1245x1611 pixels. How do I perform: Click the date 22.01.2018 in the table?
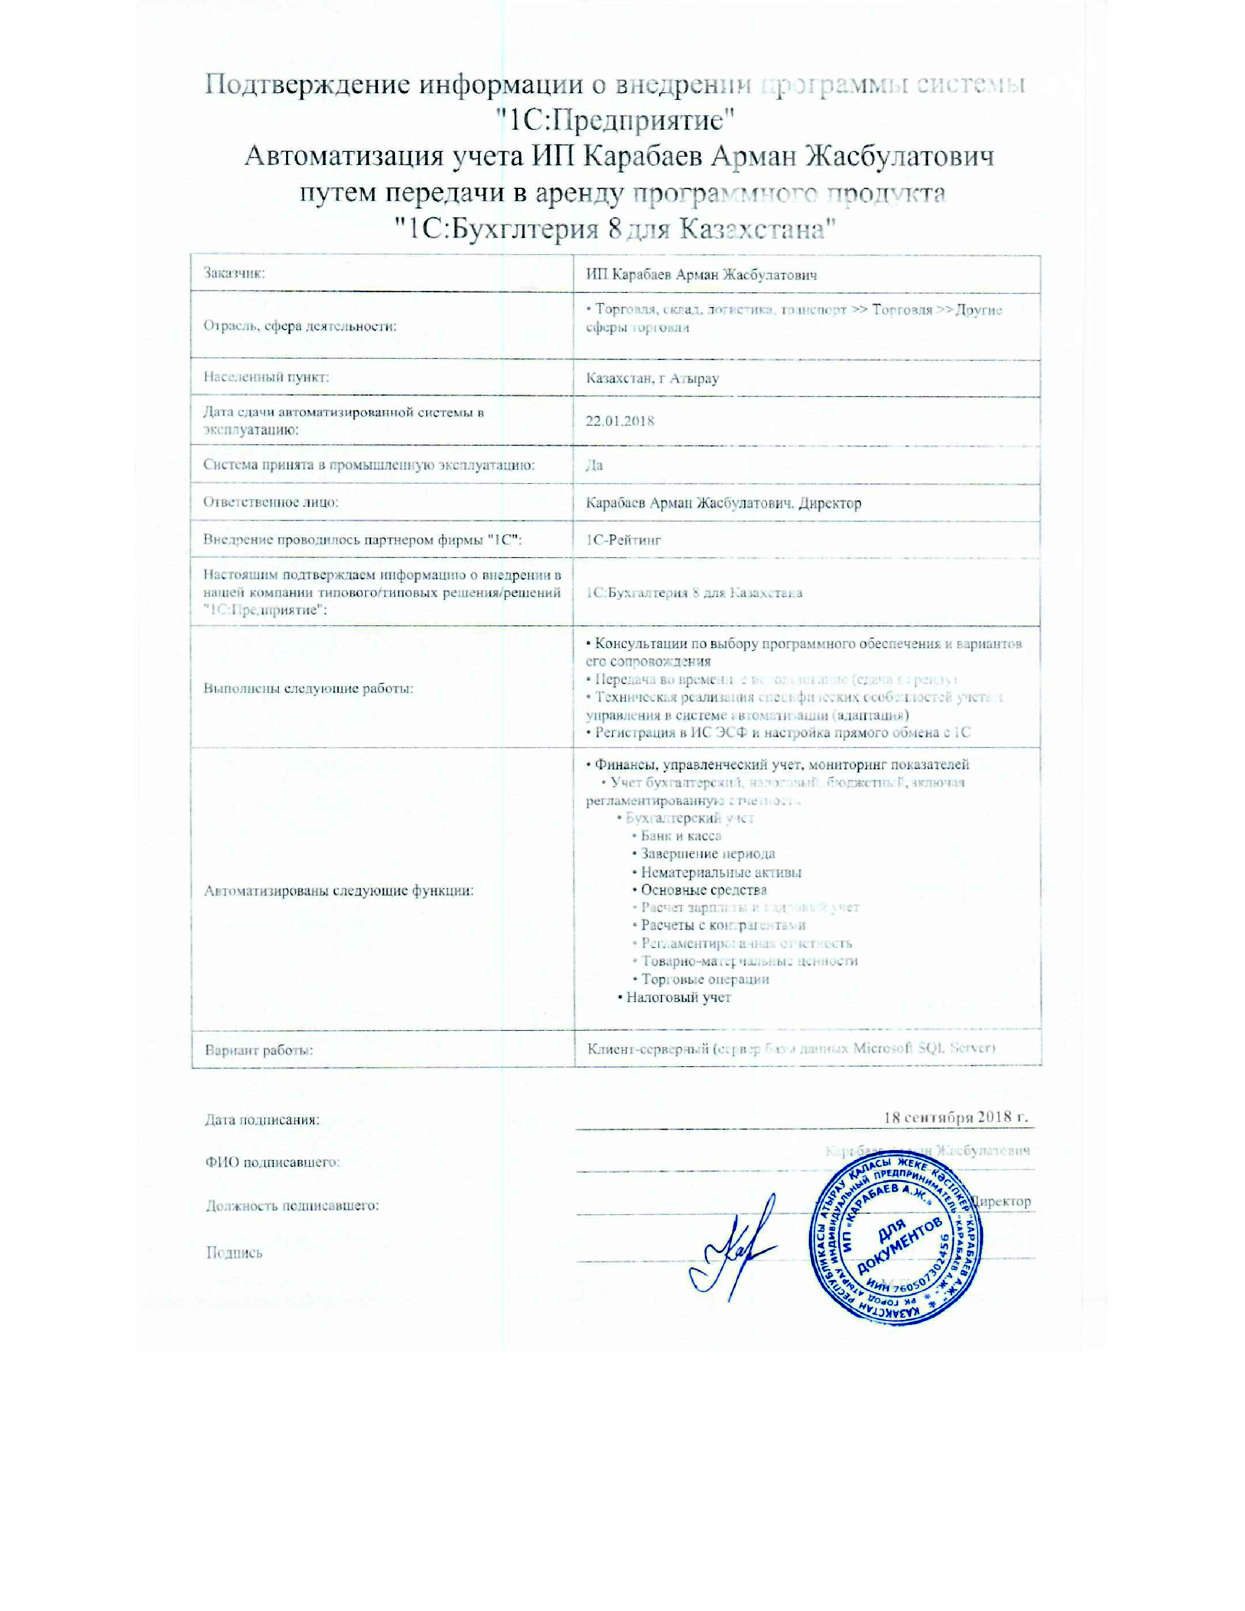(620, 421)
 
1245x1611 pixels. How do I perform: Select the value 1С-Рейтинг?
(623, 539)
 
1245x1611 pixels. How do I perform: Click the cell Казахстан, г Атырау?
(652, 378)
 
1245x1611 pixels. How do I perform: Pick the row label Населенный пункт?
(266, 378)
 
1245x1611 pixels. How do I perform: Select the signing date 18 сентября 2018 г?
(955, 1117)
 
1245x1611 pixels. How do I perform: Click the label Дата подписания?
(262, 1120)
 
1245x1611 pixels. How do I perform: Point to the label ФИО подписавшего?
(272, 1162)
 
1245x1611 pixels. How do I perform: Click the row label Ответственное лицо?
(270, 502)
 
